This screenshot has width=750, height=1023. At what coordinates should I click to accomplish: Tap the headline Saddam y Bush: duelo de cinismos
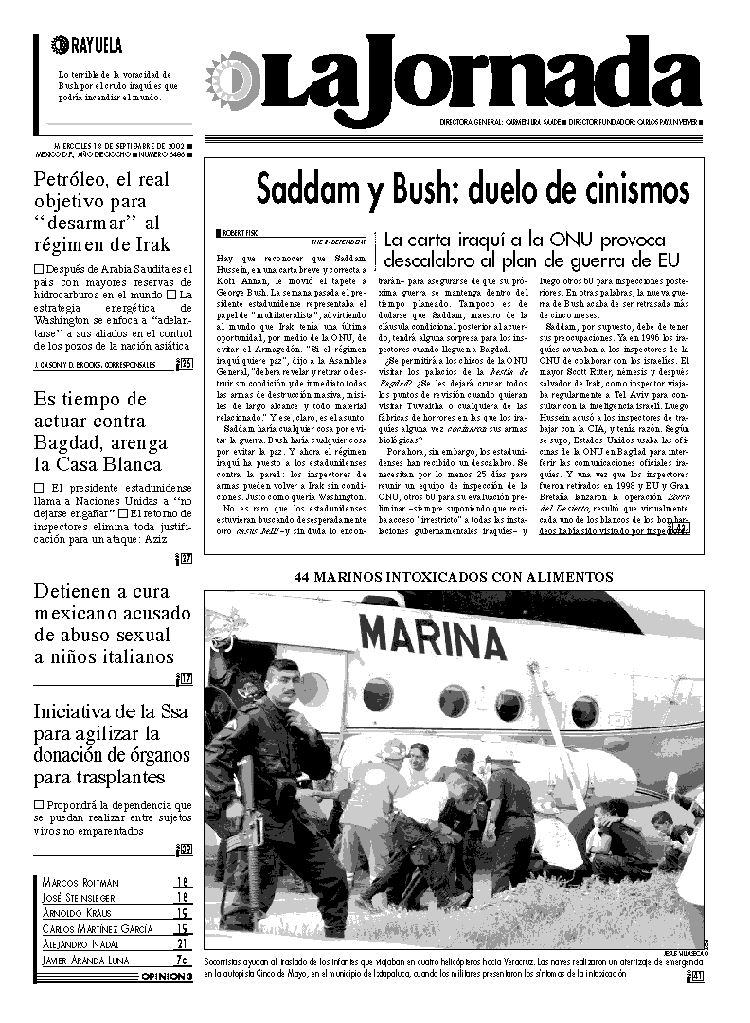point(459,190)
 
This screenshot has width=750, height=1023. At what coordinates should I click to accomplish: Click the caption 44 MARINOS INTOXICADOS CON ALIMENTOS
point(454,576)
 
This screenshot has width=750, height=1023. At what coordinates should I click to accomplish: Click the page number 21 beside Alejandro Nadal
point(183,943)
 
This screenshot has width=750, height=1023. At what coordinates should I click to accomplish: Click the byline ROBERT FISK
point(242,232)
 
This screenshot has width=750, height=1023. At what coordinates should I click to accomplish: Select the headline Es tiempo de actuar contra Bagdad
point(98,431)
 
